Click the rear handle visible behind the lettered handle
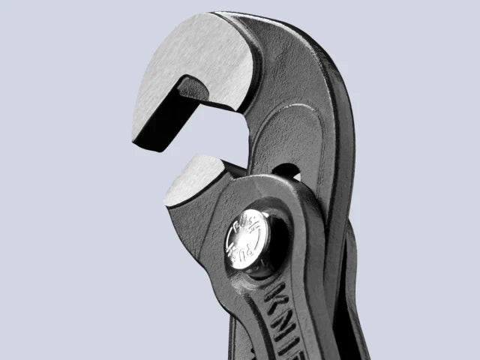(x=352, y=300)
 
